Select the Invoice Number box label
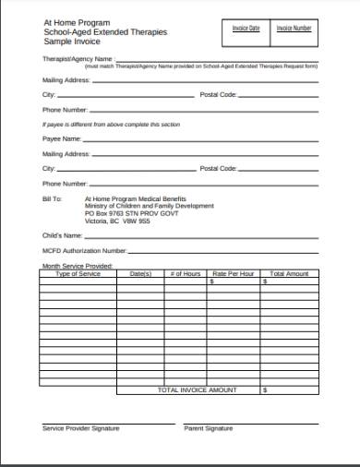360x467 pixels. [294, 29]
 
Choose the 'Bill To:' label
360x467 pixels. [53, 198]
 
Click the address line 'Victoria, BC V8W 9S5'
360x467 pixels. [117, 222]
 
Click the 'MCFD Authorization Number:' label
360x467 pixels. [84, 250]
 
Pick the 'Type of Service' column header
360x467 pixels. [78, 274]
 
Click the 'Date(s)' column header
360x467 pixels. [140, 274]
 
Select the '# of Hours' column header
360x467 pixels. [186, 274]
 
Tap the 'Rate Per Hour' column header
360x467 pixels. [233, 274]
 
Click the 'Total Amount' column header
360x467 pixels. [289, 274]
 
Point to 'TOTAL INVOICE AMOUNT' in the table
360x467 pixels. [198, 390]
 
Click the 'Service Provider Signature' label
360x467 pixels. [80, 428]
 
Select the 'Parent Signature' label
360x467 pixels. [209, 428]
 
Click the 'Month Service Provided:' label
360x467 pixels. [77, 266]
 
